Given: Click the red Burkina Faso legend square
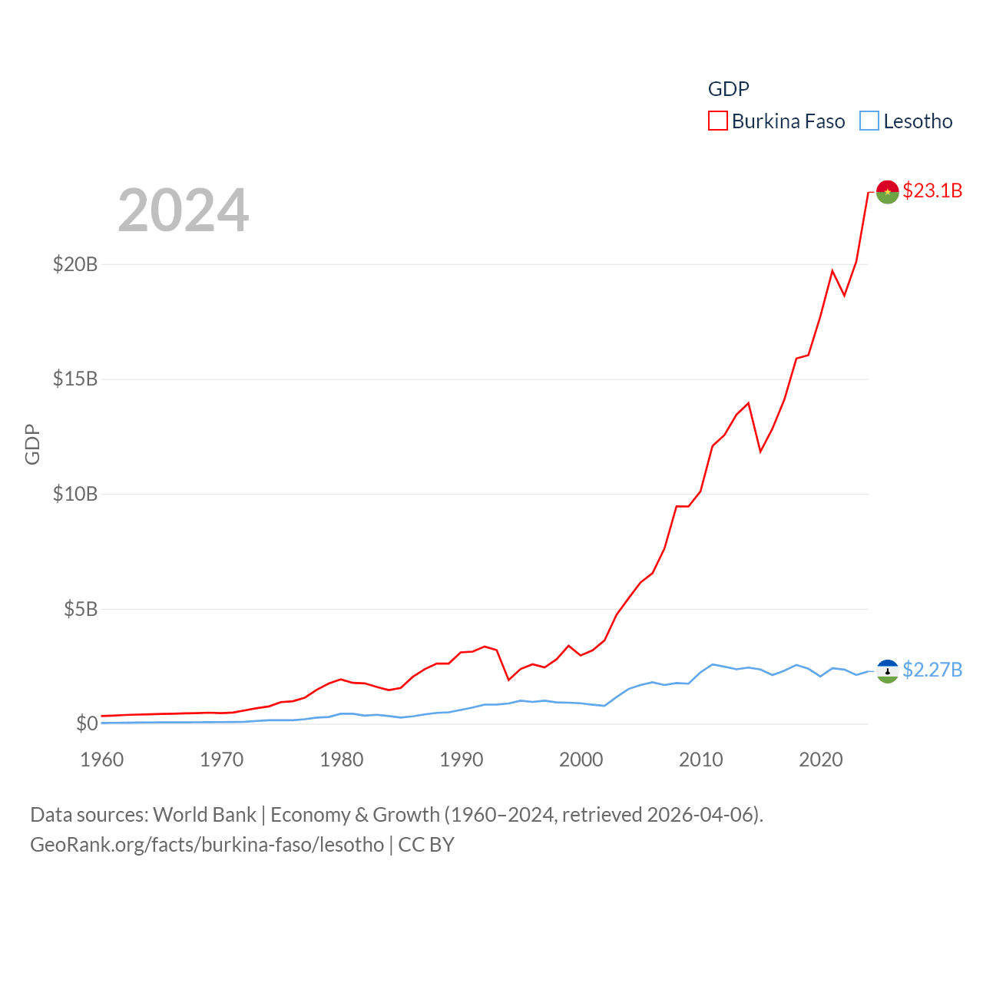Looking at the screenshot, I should coord(717,121).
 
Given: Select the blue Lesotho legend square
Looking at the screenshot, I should coord(869,121).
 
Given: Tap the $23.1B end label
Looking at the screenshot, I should coord(932,190).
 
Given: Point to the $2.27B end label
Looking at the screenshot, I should coord(932,670).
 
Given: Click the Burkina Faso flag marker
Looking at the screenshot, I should coord(887,192).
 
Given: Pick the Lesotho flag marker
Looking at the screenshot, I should coord(887,671).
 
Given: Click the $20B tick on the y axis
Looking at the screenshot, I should coord(75,264).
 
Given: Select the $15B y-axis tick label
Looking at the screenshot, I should coord(75,379).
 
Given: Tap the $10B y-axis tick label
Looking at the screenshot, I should coord(75,494).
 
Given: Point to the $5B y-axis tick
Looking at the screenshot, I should coord(81,609).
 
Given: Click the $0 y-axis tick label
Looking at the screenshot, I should coord(87,723).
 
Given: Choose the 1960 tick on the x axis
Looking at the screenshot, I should coord(102,760).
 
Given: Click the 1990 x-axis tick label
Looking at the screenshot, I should coord(462,760).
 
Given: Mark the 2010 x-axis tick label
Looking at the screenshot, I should coord(701,760).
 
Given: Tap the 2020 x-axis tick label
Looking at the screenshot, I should coord(821,760).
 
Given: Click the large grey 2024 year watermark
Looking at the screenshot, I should coord(184,210).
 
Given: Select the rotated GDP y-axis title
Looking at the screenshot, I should coord(32,444).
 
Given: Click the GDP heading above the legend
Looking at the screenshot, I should coord(728,89).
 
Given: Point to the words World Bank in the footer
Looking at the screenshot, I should coord(204,815).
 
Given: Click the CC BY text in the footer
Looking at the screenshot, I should coord(426,845).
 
